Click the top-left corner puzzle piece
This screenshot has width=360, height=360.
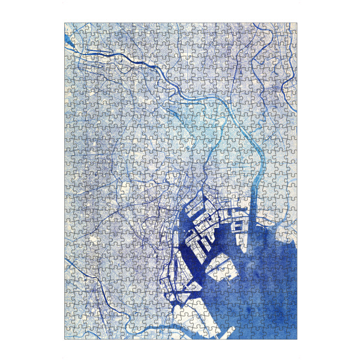[68, 27]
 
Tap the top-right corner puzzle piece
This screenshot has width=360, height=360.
[293, 27]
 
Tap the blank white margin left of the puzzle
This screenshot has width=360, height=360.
[30, 180]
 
